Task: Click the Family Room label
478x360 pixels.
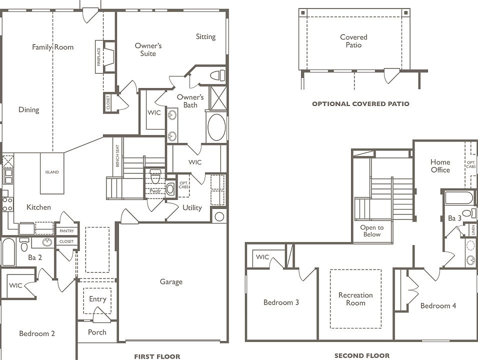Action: pos(52,47)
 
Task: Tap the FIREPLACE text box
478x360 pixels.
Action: pos(99,56)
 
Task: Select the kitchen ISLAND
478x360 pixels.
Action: pos(52,173)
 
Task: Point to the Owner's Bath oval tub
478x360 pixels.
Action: pos(216,127)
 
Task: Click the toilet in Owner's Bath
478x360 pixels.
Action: pos(218,75)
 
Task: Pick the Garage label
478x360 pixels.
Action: pos(171,282)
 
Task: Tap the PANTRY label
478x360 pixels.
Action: pos(67,231)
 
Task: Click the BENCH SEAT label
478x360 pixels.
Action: pos(117,156)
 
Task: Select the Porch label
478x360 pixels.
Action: pos(97,332)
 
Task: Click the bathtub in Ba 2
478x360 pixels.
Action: pos(8,252)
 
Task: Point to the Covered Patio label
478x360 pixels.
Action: pos(353,41)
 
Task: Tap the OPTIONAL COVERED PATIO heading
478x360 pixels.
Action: pos(360,104)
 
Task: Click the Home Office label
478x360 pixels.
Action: pos(440,166)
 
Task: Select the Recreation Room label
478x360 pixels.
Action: pos(356,299)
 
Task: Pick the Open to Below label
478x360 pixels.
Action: pos(372,231)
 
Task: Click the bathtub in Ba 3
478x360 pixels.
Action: pos(459,197)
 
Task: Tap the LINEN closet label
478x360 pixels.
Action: pos(473,229)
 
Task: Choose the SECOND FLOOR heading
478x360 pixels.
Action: pos(362,355)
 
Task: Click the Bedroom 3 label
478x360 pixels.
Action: pos(281,302)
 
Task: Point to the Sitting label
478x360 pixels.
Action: pos(206,37)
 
